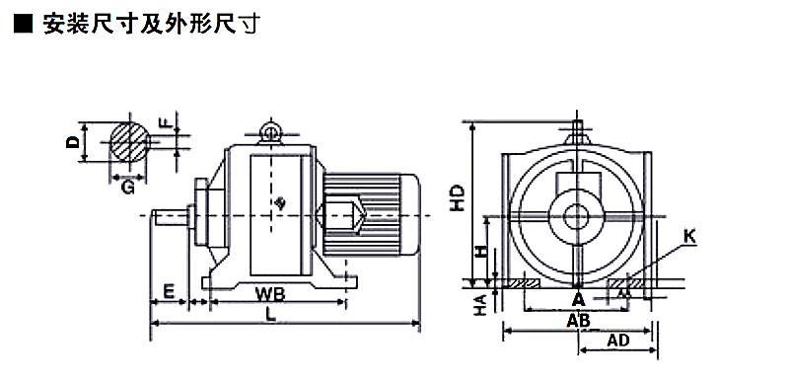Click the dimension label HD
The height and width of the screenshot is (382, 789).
[457, 197]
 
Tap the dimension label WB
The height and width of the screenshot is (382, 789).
[269, 293]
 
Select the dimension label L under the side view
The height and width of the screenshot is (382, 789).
[271, 314]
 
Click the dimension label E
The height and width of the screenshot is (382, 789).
[169, 291]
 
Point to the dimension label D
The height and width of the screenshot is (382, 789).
[73, 142]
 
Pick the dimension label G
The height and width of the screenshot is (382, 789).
[128, 189]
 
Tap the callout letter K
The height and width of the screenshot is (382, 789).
[690, 237]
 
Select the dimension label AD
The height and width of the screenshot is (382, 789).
[618, 341]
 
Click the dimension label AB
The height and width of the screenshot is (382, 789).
[578, 320]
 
